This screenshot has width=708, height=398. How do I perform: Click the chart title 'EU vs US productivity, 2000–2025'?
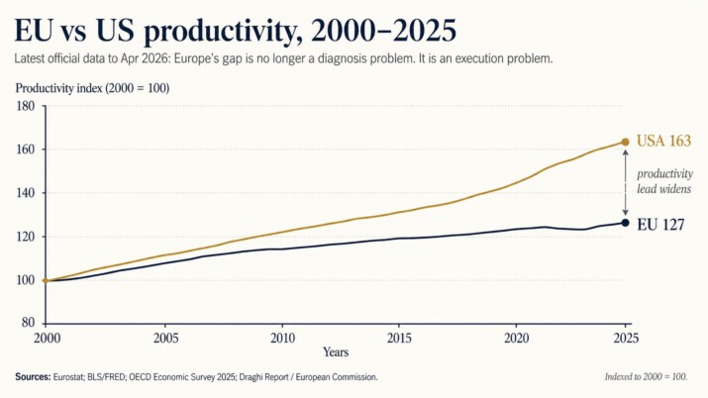coord(236,29)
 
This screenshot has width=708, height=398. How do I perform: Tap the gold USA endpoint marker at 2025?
coord(625,142)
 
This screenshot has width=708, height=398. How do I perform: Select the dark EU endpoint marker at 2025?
coord(625,222)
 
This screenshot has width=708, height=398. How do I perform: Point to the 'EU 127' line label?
coord(660,224)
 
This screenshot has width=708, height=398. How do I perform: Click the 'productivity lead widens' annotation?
coord(664,181)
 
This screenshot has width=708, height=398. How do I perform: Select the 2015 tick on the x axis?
coord(399,338)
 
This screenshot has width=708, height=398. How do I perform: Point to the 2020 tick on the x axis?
coord(516,338)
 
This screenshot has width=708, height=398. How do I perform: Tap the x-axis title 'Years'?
coord(335,351)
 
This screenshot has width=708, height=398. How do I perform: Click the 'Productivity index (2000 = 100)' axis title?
coord(92,87)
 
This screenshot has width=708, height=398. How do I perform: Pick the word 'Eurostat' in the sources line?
coord(74,377)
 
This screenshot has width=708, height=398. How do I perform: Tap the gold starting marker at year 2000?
coord(45,280)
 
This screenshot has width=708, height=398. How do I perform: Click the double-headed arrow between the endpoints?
coord(625,182)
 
